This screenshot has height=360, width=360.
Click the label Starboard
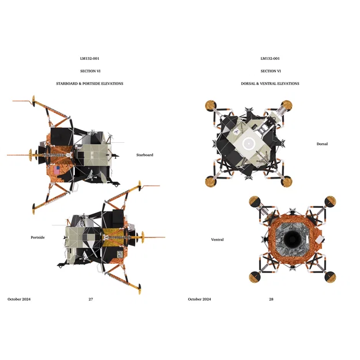coord(145,155)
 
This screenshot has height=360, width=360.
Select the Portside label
coord(37,237)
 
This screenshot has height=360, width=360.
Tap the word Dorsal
coord(322,144)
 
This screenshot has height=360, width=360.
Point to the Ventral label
coord(217,240)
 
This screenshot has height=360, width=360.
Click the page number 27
coord(90,300)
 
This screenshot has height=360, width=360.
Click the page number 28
coord(271,300)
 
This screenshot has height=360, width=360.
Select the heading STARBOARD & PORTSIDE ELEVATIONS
coord(89,84)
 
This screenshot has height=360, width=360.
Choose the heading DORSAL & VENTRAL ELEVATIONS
coord(270,84)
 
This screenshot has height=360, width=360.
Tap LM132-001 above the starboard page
coord(90,58)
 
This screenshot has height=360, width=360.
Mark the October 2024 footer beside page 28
coord(199,300)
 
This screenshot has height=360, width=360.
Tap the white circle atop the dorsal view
coord(249,143)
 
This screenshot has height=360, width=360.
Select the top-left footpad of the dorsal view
coord(210,105)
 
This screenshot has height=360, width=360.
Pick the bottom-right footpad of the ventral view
coord(330,278)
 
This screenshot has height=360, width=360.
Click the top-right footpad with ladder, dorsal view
coord(287,105)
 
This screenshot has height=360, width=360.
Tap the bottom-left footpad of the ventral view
coord(254,278)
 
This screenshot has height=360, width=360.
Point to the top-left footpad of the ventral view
coord(254,202)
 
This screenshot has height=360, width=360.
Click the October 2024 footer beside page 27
coord(19,300)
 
